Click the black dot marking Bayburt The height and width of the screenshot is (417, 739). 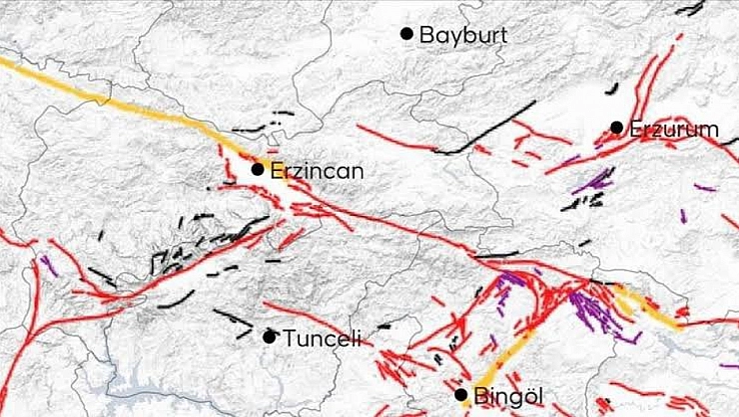point(406,34)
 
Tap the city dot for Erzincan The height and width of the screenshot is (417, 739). point(258,169)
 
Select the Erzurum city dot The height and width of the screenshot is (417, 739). point(617,127)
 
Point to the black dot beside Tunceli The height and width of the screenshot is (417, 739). point(269,336)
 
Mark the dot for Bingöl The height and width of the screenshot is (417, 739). point(460,394)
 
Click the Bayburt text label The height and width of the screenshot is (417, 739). point(463,35)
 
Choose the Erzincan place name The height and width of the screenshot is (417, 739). point(317,171)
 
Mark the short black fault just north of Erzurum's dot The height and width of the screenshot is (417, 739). point(611,89)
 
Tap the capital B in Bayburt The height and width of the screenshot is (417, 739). point(426,35)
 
